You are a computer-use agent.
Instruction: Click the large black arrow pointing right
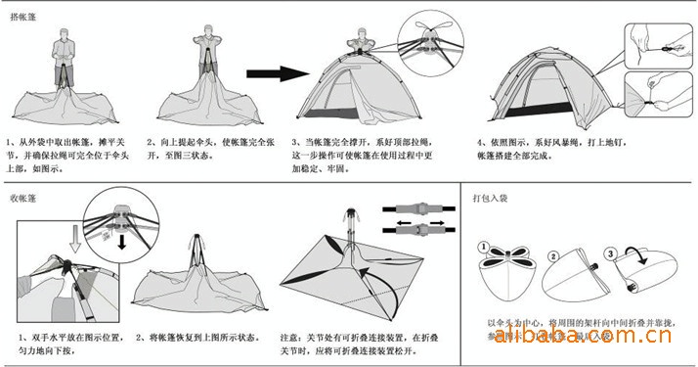[271, 72]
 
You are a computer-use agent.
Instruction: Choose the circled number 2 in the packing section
[552, 257]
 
